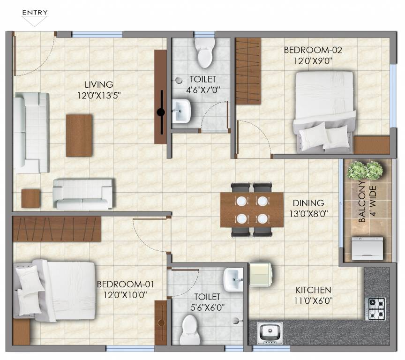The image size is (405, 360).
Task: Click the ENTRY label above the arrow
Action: point(35,12)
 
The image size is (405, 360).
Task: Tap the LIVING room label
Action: point(99,85)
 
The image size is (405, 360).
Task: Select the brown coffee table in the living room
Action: point(79,135)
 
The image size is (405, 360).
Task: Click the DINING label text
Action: point(308,203)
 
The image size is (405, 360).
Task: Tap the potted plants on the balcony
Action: point(365,171)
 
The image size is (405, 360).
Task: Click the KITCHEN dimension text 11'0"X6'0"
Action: point(313,300)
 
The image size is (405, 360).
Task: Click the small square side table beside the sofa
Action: point(31,198)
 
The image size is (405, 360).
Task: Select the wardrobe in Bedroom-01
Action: point(56,229)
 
